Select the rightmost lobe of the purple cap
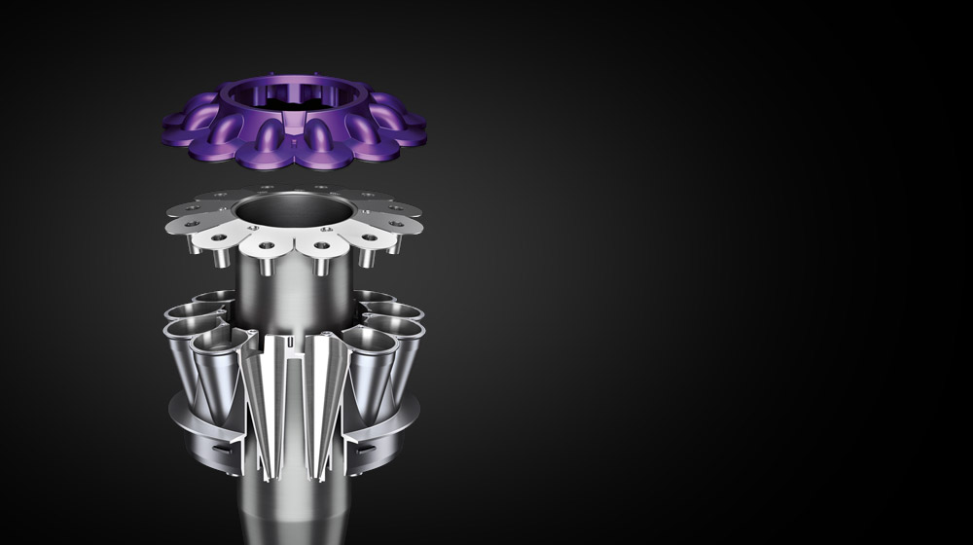(411, 125)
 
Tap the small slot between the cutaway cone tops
(292, 343)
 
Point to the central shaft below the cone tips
(292, 506)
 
